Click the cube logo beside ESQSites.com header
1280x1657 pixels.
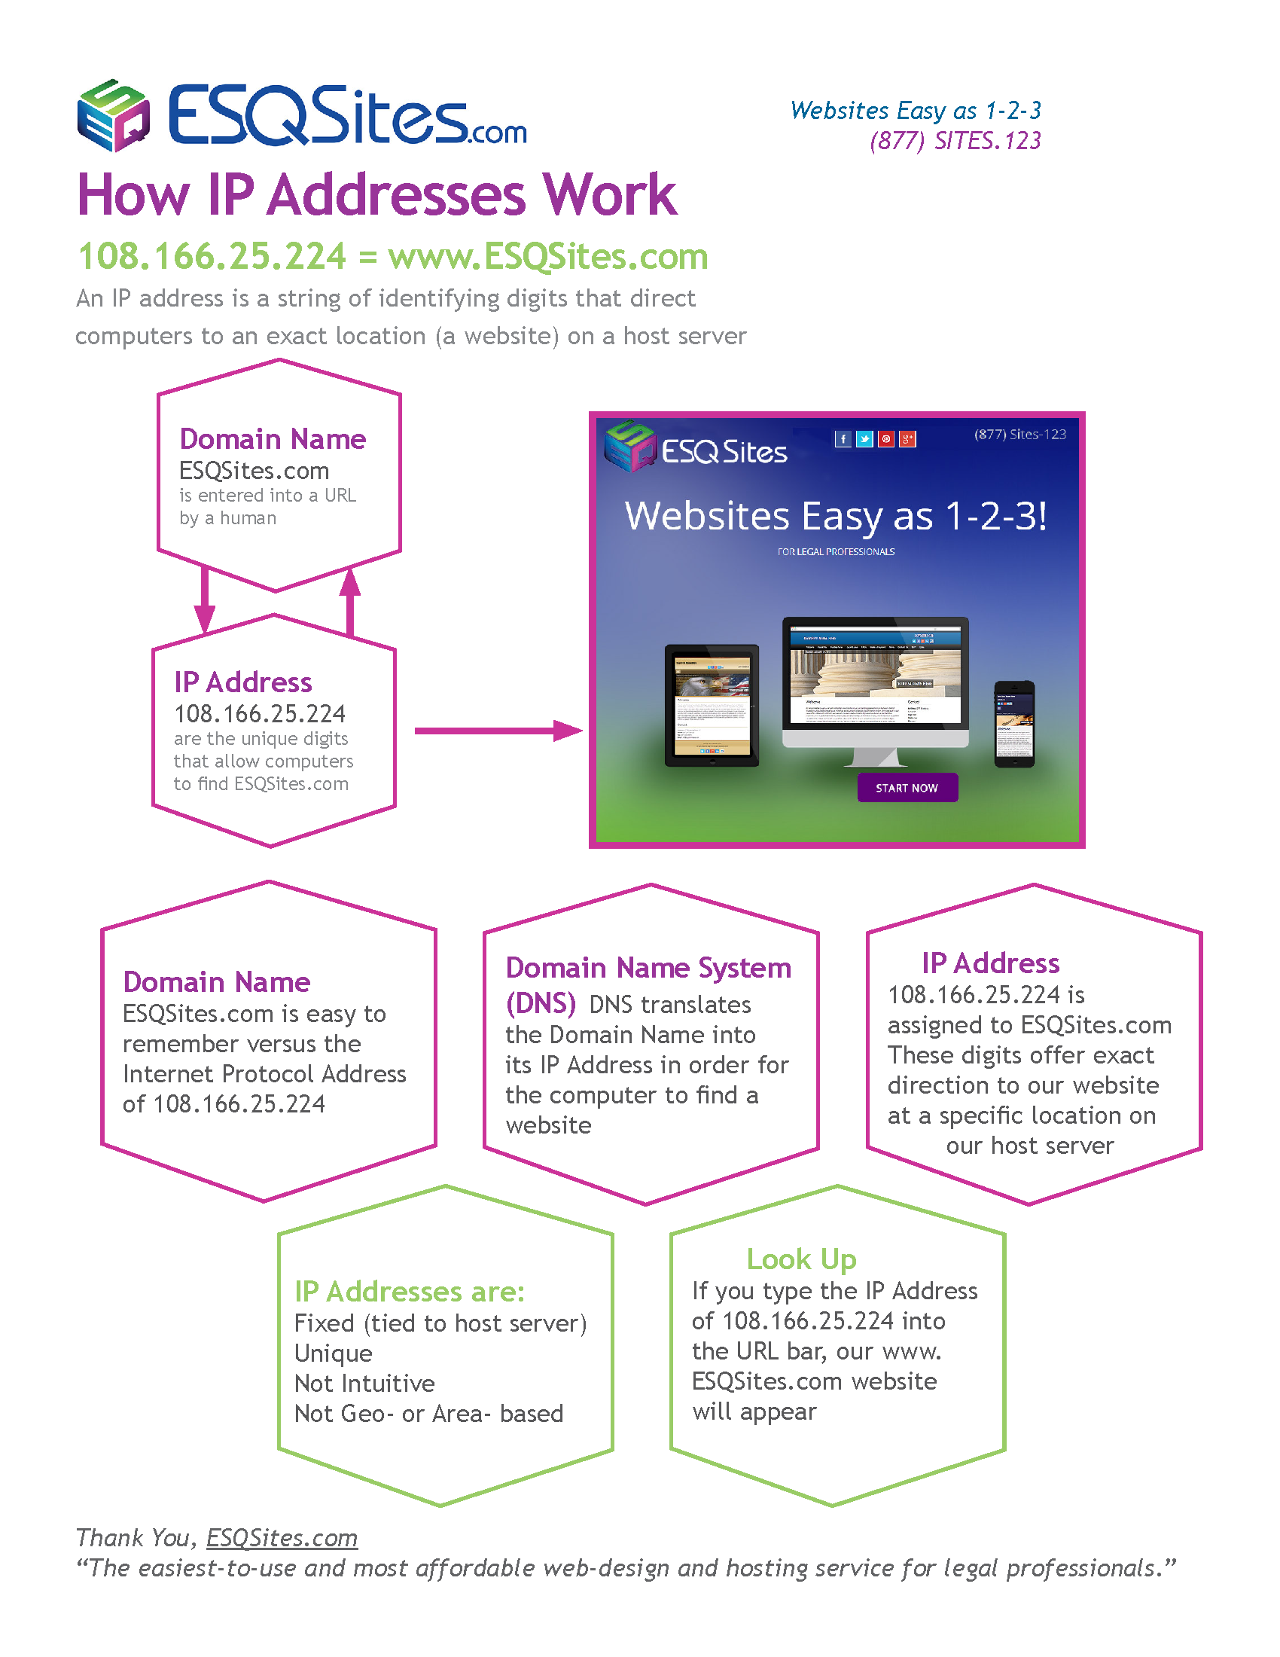pos(113,115)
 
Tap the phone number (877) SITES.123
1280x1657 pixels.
pos(955,141)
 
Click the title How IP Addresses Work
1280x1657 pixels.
pos(377,195)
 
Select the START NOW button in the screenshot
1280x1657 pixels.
pos(907,788)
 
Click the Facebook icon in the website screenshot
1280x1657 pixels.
pos(843,439)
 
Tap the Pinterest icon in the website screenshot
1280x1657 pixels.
pos(885,439)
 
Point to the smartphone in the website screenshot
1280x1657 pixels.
pos(1014,725)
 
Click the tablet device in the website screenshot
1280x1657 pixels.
pos(712,706)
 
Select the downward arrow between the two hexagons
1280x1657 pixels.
pos(205,600)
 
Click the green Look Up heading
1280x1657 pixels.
pos(801,1259)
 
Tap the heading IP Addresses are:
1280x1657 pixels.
pos(410,1291)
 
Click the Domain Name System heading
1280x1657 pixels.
pos(648,968)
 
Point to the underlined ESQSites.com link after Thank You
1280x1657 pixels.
pos(282,1538)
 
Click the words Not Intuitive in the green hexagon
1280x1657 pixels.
pos(364,1384)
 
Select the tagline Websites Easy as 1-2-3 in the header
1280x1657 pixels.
pos(916,111)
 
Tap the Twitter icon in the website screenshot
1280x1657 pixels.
pos(864,439)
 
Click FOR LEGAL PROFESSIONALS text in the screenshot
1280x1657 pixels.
pos(836,551)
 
